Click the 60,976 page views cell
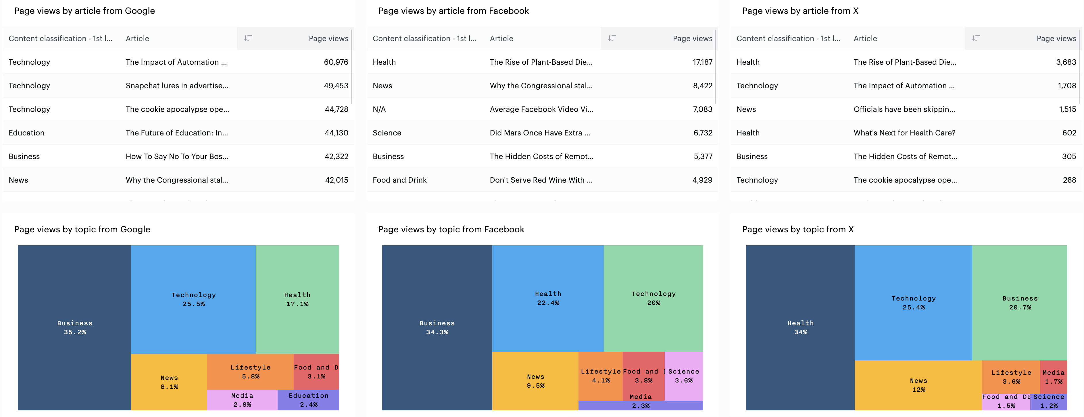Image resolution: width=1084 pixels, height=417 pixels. pos(335,62)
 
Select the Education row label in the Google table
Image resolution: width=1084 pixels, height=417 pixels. pos(26,133)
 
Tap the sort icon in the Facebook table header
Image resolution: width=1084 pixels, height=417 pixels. pos(612,38)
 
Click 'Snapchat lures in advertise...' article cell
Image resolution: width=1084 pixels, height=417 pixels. pos(177,85)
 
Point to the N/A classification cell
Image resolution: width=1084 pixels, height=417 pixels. pos(379,109)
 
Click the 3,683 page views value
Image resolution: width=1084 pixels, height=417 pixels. pos(1066,62)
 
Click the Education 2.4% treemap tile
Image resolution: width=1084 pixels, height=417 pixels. pos(308,400)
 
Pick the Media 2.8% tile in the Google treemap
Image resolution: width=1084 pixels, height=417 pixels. pos(242,400)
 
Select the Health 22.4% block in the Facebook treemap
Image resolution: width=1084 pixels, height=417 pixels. pos(547,298)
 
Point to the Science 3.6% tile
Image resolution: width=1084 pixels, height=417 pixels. pos(683,375)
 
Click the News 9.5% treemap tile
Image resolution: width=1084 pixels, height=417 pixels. pos(535,381)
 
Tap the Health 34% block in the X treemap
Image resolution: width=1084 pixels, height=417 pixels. pos(800,327)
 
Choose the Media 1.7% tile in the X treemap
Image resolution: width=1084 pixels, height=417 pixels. pos(1053,376)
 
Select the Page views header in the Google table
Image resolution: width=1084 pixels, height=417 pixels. pos(328,38)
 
